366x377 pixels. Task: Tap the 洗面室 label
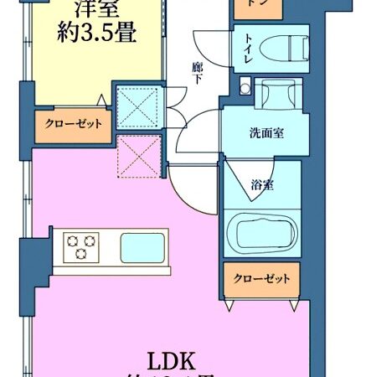click(x=265, y=133)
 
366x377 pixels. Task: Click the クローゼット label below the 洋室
click(x=74, y=124)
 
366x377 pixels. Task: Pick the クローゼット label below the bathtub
click(x=261, y=278)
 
